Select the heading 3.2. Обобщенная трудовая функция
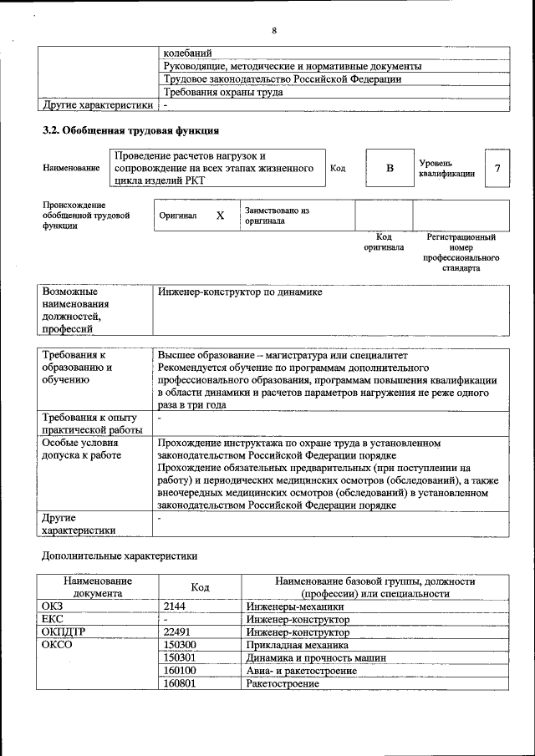131,130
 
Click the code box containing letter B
389,169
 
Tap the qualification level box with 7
497,169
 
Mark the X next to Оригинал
220,216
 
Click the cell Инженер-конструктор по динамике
240,292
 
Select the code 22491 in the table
177,632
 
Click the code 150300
180,645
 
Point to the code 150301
180,657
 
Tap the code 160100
180,670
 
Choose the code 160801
180,682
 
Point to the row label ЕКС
52,620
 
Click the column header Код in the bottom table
200,587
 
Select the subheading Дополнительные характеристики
120,555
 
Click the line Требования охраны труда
222,92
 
